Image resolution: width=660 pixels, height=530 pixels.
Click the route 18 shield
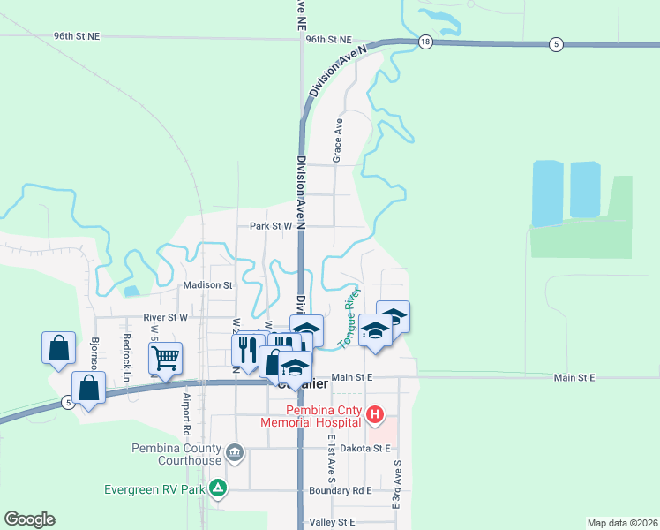click(x=425, y=42)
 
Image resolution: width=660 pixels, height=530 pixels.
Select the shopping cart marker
click(x=165, y=358)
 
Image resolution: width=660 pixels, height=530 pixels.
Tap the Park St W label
click(x=270, y=226)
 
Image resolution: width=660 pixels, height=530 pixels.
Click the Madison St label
click(x=207, y=285)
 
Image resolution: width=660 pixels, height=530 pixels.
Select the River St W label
click(x=166, y=316)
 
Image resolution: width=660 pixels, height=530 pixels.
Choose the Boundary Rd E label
click(x=340, y=490)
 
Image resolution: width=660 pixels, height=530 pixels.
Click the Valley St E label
click(x=331, y=522)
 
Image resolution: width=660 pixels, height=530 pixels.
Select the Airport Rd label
click(x=186, y=415)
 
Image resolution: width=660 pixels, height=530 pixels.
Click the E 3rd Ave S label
click(x=397, y=483)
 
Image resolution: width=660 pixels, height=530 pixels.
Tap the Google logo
click(x=29, y=519)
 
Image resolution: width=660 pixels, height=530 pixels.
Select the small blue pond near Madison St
click(x=131, y=291)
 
